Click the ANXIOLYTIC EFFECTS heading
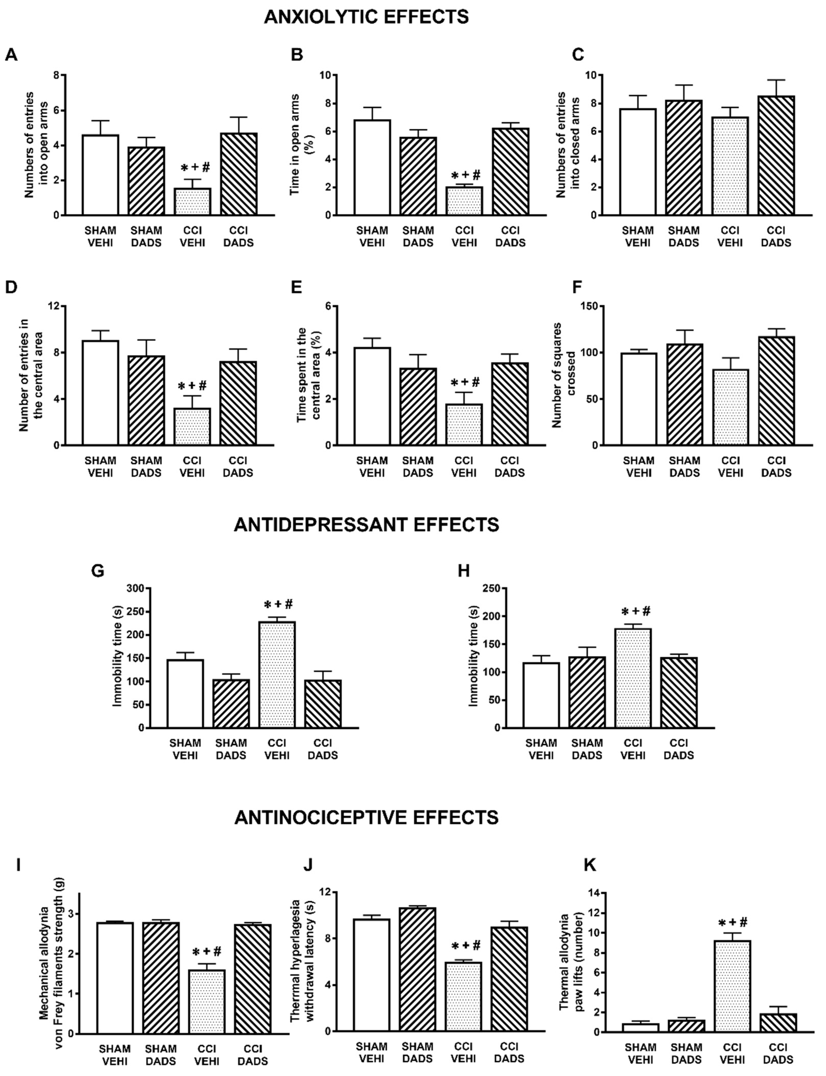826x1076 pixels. coord(366,17)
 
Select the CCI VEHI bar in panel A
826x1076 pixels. coord(192,202)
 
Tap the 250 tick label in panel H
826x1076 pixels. coord(492,588)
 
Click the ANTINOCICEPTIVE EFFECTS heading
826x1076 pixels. coord(366,817)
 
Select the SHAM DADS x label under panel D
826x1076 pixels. coord(146,467)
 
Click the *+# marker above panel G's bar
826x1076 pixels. coord(278,605)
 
